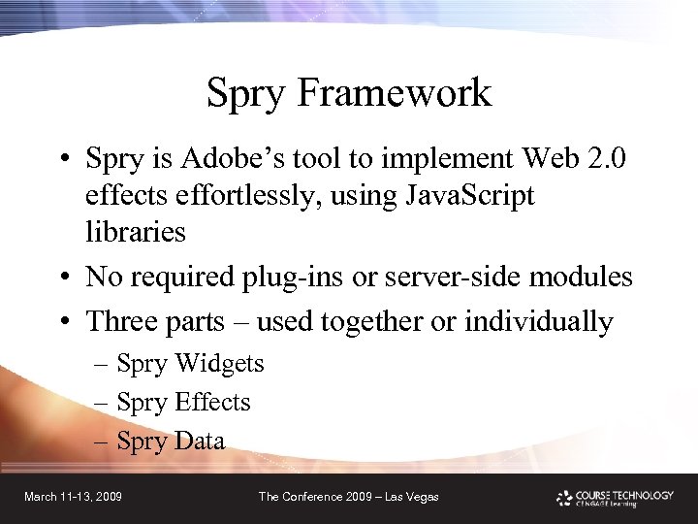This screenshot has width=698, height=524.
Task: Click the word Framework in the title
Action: (x=395, y=94)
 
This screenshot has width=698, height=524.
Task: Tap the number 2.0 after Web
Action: (x=606, y=157)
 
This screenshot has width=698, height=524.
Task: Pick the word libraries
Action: (x=135, y=232)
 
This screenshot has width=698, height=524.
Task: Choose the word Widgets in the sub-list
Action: (x=218, y=364)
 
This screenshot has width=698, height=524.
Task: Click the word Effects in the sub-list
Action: (x=213, y=402)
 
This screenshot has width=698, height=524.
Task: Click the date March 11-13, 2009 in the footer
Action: (x=73, y=497)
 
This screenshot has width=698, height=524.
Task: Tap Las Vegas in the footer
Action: (x=412, y=497)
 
